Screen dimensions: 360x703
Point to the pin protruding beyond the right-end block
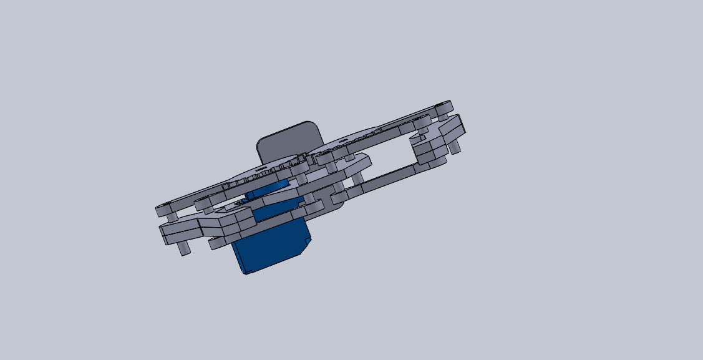455,146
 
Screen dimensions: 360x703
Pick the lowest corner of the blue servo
246,273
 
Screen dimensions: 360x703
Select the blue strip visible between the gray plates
268,189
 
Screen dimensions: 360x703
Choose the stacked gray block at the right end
437,140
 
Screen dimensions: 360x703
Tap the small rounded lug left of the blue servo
215,242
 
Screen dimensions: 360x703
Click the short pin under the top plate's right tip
442,116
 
